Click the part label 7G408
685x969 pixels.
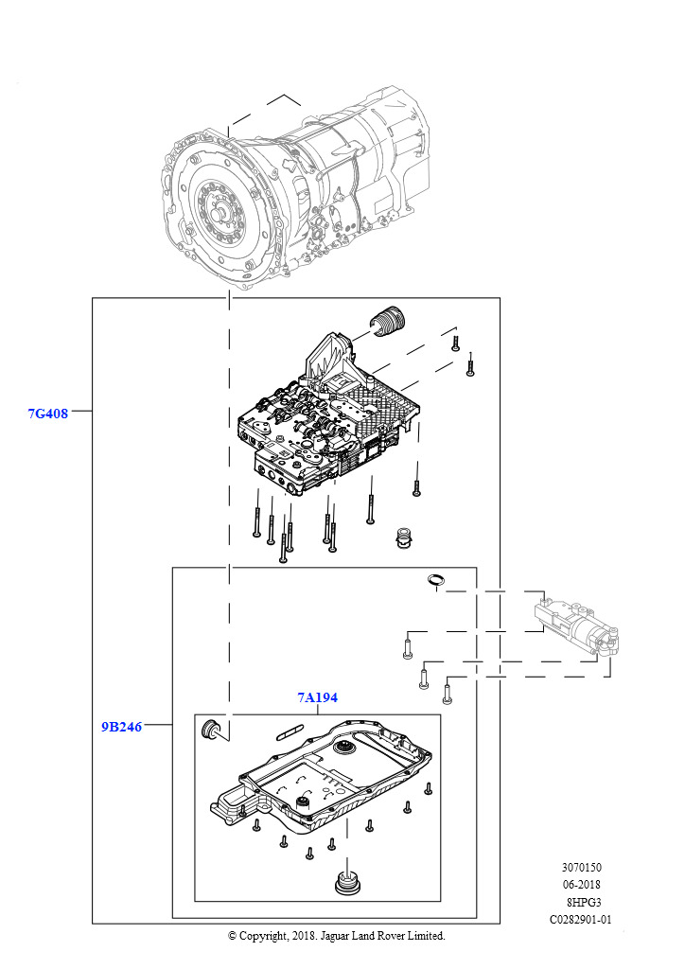point(47,414)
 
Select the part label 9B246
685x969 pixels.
point(121,727)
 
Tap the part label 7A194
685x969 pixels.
point(318,697)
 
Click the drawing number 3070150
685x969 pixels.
point(581,868)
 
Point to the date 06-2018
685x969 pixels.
point(581,885)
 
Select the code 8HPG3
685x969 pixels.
point(584,902)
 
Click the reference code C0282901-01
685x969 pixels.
point(581,920)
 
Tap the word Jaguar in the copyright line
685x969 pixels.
point(333,936)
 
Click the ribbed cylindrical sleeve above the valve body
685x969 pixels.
point(388,319)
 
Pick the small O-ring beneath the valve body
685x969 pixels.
point(436,579)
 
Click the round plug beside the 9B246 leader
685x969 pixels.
point(211,729)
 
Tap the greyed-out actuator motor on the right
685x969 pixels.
point(575,626)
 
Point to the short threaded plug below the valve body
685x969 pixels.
point(403,537)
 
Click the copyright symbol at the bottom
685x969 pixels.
point(232,936)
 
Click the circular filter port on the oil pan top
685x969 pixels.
point(342,749)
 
